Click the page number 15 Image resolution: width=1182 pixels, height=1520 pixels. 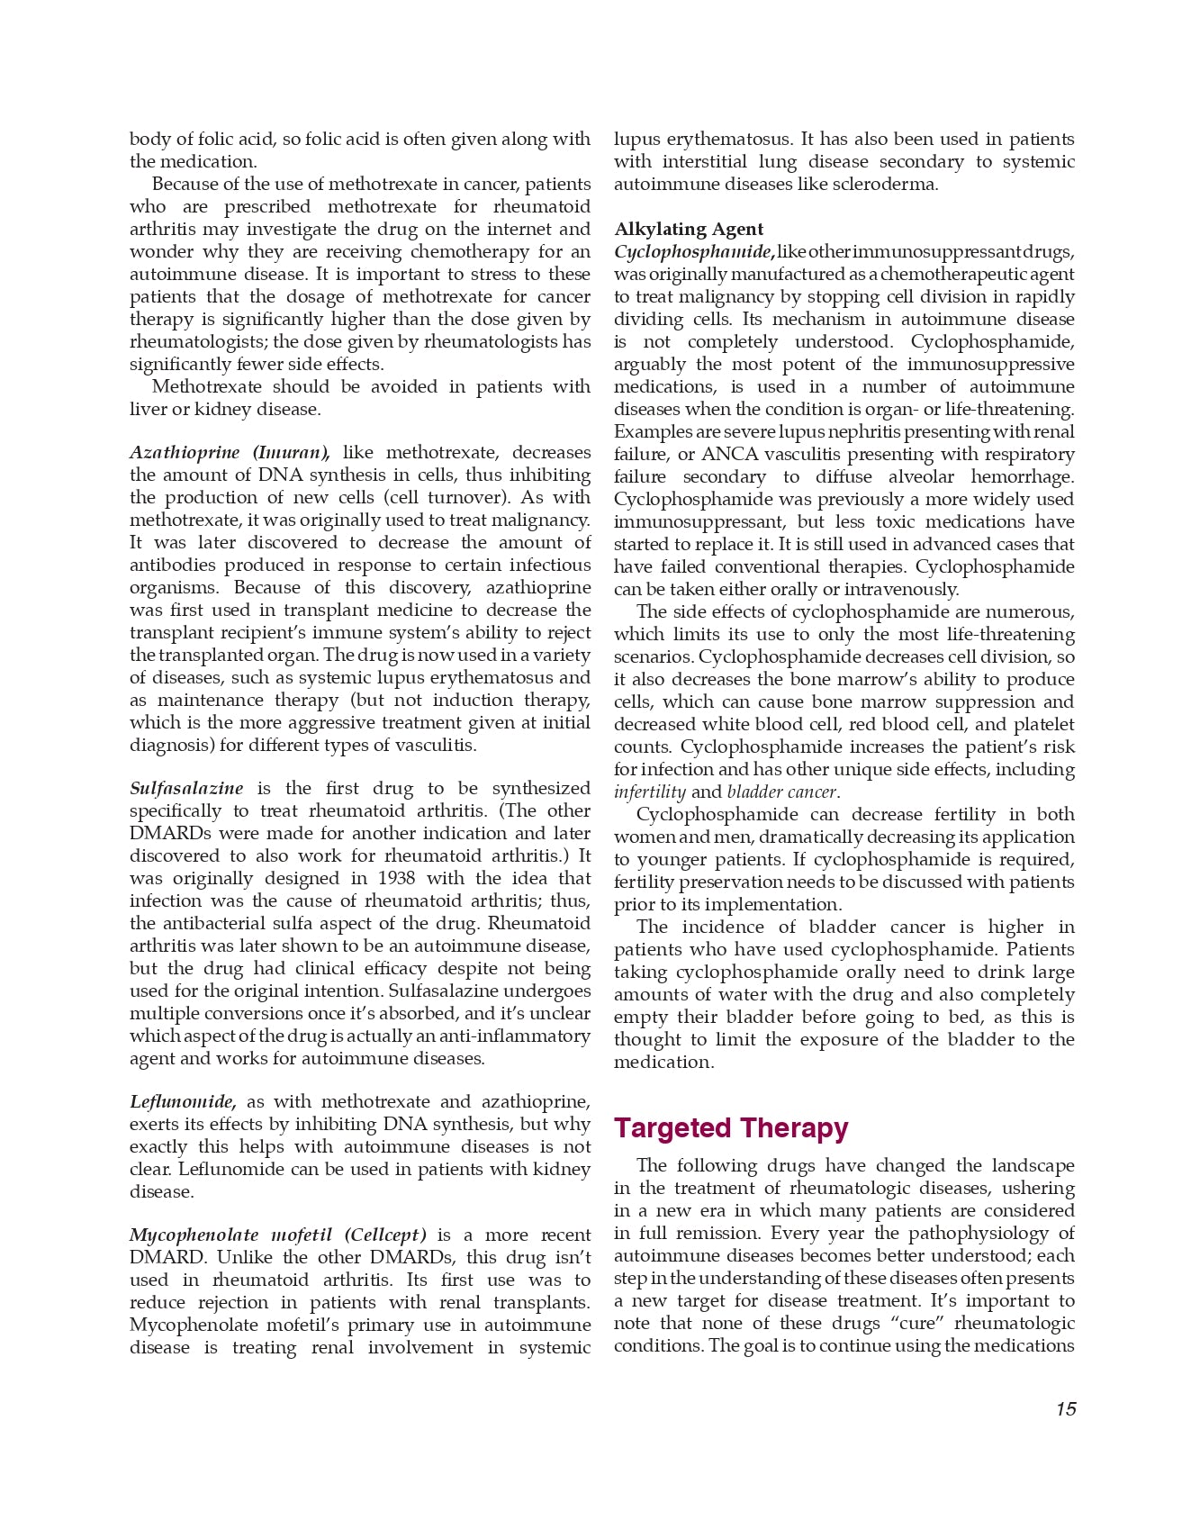coord(1066,1409)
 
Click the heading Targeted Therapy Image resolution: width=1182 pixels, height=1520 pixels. coord(731,1128)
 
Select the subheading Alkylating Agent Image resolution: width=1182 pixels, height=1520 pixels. coord(689,229)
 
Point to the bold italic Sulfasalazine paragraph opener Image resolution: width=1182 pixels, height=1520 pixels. coord(186,789)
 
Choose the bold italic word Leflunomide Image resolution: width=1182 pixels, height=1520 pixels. coord(183,1102)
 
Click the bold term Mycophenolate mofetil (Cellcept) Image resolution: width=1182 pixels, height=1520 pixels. coord(278,1235)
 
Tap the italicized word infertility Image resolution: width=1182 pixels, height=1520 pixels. coord(650,792)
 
